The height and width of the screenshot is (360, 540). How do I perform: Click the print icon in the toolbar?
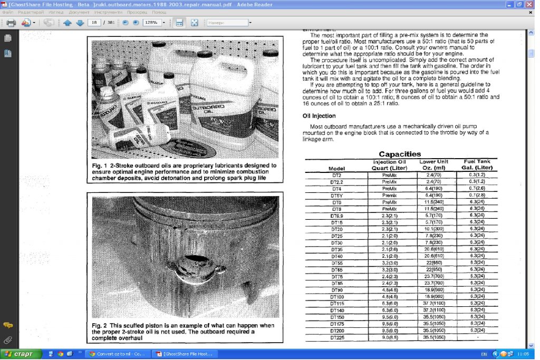[x=11, y=23]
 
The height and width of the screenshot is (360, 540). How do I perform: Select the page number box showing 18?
[x=94, y=23]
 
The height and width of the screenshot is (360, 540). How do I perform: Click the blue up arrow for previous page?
[x=67, y=23]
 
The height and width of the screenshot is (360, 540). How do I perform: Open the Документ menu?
[x=79, y=12]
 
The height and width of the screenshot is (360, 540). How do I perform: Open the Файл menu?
[x=8, y=12]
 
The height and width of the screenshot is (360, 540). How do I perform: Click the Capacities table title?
[x=400, y=154]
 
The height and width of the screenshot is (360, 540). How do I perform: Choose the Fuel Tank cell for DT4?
[x=477, y=188]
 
